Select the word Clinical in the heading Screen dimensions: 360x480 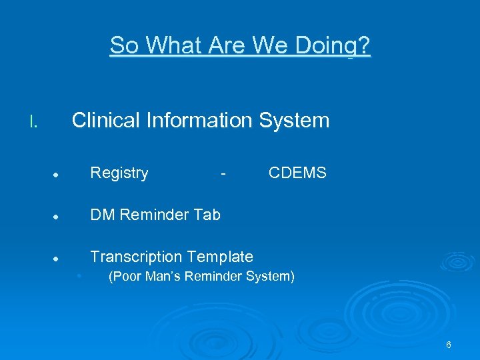[x=105, y=120]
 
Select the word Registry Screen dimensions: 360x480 [x=119, y=173]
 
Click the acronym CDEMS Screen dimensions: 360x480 [x=297, y=173]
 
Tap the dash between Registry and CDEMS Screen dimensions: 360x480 [x=224, y=174]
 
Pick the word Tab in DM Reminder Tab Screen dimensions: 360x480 [x=207, y=215]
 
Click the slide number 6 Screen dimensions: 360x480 [x=449, y=345]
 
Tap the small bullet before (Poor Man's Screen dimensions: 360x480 [x=79, y=275]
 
